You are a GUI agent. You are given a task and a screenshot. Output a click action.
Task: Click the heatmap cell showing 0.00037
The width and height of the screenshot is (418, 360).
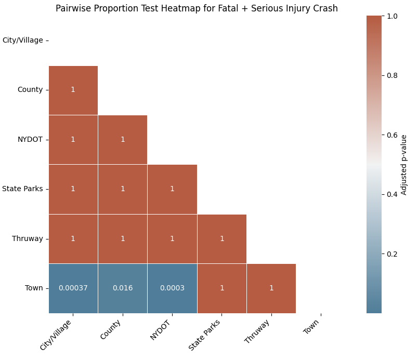point(73,288)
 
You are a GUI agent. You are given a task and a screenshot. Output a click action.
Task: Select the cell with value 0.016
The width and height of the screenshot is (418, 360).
point(123,288)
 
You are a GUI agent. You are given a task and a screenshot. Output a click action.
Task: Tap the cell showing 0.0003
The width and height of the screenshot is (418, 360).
point(172,288)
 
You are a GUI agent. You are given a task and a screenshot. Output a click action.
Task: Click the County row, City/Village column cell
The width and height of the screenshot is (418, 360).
point(73,90)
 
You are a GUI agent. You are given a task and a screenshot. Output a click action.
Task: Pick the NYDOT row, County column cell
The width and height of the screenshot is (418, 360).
point(123,140)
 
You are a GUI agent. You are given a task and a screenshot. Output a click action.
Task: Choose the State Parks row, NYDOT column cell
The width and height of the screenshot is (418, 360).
point(172,189)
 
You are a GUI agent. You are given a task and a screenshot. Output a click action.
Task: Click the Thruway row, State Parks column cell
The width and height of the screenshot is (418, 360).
point(222,239)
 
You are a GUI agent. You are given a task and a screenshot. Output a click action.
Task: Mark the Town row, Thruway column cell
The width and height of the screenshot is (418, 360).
point(271,288)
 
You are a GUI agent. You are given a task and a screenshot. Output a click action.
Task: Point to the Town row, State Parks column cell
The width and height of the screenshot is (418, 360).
point(222,288)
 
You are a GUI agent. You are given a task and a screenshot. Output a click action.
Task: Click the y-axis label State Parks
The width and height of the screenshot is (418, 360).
point(22,189)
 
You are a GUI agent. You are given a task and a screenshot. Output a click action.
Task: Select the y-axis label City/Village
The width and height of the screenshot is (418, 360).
point(23,40)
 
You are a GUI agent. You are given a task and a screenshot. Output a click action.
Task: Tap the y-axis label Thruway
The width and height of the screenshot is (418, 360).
point(27,238)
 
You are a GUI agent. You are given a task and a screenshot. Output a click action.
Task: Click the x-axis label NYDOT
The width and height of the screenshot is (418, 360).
point(160,330)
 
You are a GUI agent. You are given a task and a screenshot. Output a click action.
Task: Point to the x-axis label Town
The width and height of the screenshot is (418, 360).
point(311,326)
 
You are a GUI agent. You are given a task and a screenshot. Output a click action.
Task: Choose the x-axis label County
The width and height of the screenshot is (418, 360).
point(111,330)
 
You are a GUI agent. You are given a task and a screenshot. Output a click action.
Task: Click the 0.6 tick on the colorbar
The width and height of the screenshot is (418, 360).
point(392,135)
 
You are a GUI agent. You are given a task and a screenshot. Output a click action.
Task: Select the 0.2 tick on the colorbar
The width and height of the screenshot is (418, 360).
point(392,254)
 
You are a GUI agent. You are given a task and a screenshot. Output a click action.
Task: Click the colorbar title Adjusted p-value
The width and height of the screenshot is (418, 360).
point(403,165)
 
